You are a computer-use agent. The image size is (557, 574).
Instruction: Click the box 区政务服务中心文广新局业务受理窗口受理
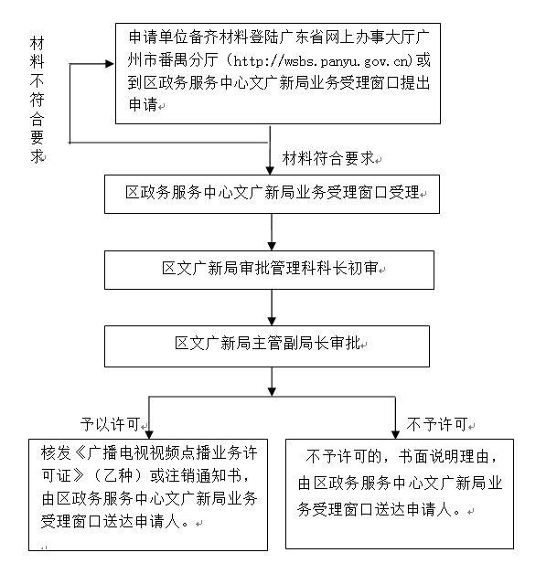(x=272, y=194)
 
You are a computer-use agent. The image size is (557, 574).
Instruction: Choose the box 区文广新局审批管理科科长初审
(x=272, y=270)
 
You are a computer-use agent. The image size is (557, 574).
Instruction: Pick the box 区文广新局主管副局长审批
(x=272, y=345)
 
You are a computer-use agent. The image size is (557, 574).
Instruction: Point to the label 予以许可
(x=110, y=424)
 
